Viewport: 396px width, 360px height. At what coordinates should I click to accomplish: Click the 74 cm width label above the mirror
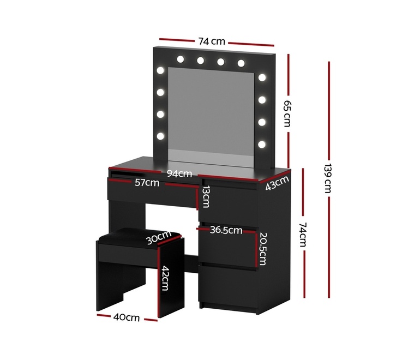click(x=212, y=41)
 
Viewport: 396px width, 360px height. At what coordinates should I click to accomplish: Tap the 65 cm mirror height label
click(x=287, y=113)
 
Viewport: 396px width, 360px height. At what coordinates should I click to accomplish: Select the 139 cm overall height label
click(x=328, y=178)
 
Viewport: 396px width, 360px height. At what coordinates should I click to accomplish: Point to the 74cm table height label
click(x=303, y=235)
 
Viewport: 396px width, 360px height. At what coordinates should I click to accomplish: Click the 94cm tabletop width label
click(x=179, y=173)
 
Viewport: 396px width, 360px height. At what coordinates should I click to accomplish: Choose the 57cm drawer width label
click(x=147, y=182)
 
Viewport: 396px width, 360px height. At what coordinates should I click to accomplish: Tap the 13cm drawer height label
click(x=206, y=196)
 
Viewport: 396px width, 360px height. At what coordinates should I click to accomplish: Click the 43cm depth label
click(x=277, y=183)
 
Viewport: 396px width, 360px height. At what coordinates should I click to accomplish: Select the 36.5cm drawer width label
click(x=226, y=230)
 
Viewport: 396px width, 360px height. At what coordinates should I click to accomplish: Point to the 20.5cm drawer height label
click(x=262, y=249)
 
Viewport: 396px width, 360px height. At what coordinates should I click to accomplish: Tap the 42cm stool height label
click(x=165, y=278)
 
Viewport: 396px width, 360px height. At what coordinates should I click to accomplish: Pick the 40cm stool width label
click(x=127, y=317)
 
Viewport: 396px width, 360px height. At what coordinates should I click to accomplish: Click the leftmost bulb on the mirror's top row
click(x=181, y=59)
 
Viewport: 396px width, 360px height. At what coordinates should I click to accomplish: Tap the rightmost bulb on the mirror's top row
click(x=241, y=63)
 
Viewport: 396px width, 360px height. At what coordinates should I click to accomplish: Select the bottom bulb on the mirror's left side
click(x=160, y=136)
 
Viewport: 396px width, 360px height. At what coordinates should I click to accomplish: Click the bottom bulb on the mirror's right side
click(x=262, y=144)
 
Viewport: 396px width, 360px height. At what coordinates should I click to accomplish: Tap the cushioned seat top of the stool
click(x=140, y=237)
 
